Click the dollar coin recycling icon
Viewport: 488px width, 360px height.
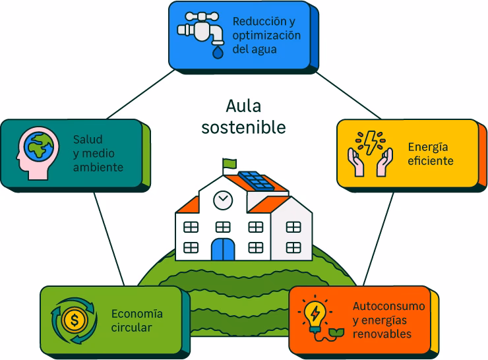(x=74, y=320)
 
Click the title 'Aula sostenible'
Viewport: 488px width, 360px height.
(x=243, y=116)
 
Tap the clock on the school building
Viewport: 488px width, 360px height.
(x=223, y=198)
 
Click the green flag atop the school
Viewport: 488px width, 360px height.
(x=229, y=162)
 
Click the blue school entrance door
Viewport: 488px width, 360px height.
(x=222, y=250)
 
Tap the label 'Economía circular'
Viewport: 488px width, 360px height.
(x=137, y=320)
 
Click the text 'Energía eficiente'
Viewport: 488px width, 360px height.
(x=430, y=154)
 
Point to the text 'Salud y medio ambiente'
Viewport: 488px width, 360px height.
(x=98, y=154)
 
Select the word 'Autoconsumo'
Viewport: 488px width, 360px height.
(x=388, y=307)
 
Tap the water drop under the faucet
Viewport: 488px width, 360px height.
(x=216, y=50)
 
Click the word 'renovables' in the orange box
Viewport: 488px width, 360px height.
(x=382, y=334)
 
